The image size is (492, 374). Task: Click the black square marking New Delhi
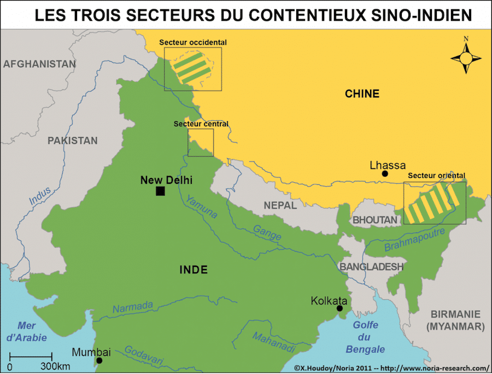[x=160, y=191]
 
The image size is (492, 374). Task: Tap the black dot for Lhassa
[x=385, y=174]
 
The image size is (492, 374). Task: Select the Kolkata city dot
[x=339, y=308]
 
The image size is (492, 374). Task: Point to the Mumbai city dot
[x=99, y=360]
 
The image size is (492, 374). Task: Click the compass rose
[x=466, y=56]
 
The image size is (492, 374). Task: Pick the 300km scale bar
[x=31, y=357]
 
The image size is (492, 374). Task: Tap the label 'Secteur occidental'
[x=193, y=42]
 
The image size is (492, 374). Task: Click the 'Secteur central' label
[x=201, y=124]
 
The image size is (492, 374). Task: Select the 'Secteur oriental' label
[x=436, y=176]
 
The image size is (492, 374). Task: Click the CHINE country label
[x=362, y=93]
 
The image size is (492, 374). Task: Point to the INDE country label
[x=194, y=270]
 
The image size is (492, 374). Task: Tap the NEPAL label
[x=280, y=206]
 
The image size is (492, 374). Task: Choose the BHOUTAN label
[x=375, y=220]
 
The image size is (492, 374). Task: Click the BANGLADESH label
[x=371, y=266]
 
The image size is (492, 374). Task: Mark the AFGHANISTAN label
[x=39, y=64]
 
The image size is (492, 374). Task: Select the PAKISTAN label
[x=72, y=141]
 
